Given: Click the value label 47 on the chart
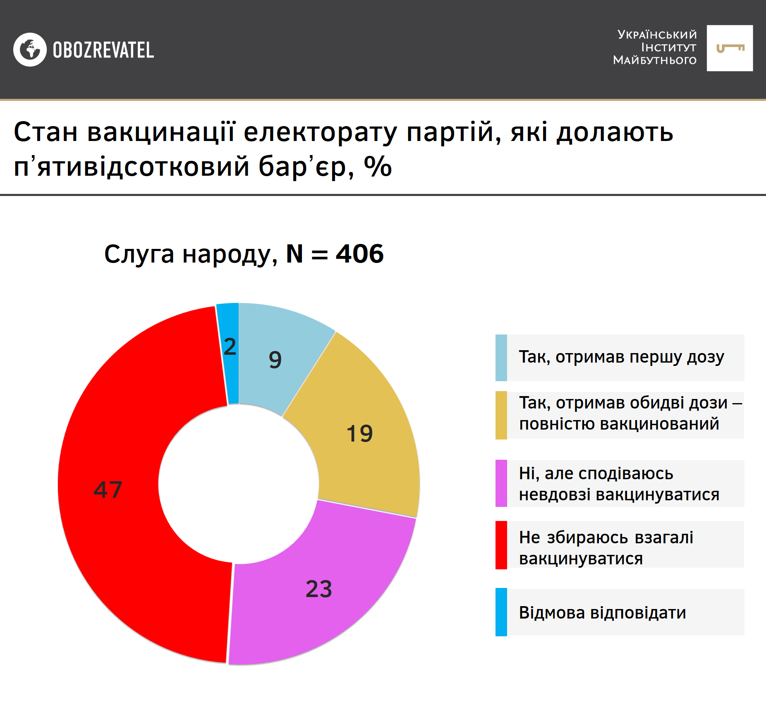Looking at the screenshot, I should [x=108, y=490].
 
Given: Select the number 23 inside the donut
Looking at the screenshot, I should [x=318, y=589].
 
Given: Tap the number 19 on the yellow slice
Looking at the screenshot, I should [x=359, y=433].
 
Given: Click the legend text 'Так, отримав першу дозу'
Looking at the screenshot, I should [x=621, y=357].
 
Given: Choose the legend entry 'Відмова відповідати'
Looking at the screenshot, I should [x=602, y=612].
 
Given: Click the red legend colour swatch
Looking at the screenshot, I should [x=501, y=545].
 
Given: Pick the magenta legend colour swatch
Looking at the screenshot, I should [x=501, y=483].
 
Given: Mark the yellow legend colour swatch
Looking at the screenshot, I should [x=501, y=415].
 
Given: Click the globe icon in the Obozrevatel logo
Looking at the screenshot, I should [x=30, y=50].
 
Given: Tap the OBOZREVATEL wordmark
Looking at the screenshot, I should [x=103, y=50].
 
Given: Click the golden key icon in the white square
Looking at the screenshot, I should [x=730, y=48].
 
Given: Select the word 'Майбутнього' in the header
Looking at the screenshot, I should [x=655, y=60].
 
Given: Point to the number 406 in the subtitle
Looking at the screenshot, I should [x=359, y=253].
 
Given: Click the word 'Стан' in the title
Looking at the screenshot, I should [x=45, y=132].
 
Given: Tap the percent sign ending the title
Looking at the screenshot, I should [x=378, y=167].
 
